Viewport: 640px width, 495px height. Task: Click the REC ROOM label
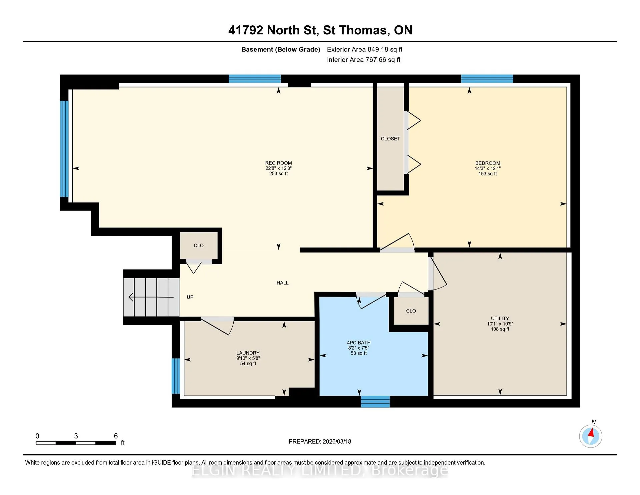[x=278, y=163]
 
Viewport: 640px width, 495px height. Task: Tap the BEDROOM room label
[x=488, y=163]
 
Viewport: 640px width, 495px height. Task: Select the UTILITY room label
[x=500, y=319]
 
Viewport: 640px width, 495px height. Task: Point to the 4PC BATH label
[x=359, y=343]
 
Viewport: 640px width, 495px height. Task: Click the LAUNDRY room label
[x=248, y=353]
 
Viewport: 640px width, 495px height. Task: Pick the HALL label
[x=283, y=283]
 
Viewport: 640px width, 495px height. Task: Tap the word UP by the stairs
[x=190, y=297]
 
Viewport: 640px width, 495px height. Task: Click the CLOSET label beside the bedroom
[x=390, y=139]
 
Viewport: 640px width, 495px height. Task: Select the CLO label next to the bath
[x=411, y=311]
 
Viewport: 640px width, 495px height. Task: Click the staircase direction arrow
[x=151, y=297]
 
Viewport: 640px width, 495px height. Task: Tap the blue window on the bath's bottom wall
[x=375, y=402]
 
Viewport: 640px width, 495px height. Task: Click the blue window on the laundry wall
[x=176, y=376]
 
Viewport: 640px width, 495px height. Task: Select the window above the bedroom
[x=487, y=79]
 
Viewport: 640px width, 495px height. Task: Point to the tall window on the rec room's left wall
[x=64, y=149]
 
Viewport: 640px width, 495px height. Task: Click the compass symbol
[x=591, y=436]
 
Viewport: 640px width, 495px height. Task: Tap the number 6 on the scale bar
[x=116, y=436]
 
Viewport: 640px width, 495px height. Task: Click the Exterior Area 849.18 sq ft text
[x=365, y=49]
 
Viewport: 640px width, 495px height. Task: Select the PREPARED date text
[x=320, y=441]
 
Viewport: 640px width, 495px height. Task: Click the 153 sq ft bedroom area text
[x=488, y=174]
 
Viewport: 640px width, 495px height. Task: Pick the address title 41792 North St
[x=272, y=30]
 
